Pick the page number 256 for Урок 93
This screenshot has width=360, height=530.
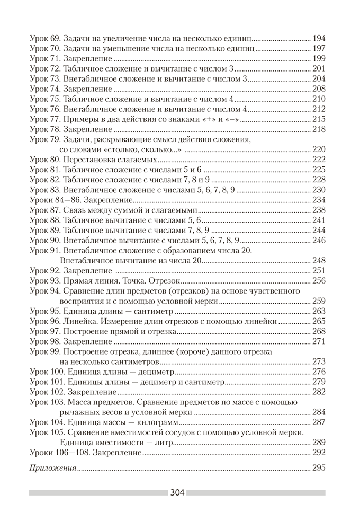point(319,280)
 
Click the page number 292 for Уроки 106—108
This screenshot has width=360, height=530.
point(319,452)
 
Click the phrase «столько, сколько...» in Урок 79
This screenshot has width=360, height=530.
point(139,150)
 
